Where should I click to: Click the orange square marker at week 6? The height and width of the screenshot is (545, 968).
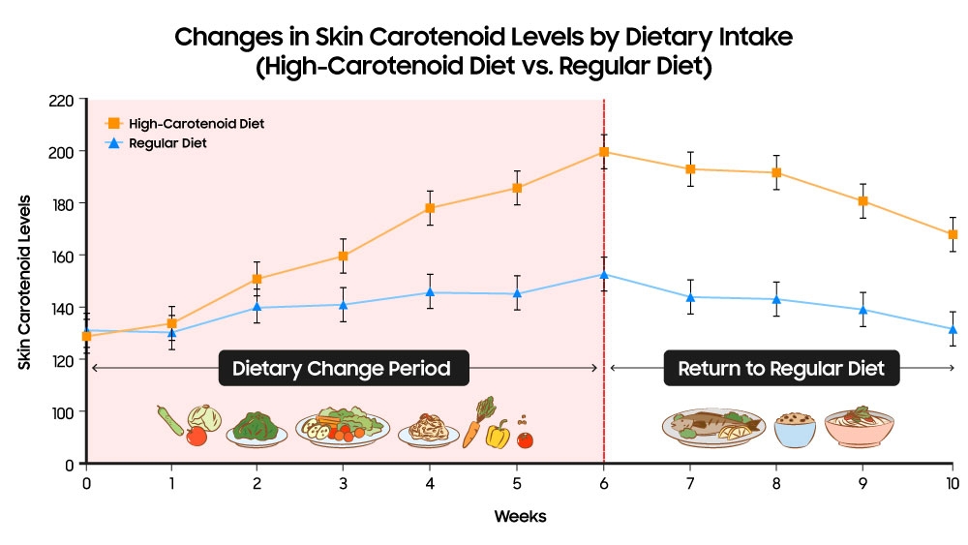tap(604, 152)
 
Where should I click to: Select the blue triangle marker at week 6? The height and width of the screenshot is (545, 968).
tap(604, 275)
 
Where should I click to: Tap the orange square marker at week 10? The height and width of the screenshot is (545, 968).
tap(953, 234)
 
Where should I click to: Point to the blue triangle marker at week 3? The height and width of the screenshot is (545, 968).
tap(343, 305)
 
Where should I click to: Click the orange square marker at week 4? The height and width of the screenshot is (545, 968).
tap(430, 208)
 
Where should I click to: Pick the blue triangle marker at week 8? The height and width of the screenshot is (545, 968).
tap(776, 299)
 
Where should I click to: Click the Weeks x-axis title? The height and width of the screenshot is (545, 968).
tap(520, 517)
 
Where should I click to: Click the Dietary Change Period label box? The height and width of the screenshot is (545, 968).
tap(342, 369)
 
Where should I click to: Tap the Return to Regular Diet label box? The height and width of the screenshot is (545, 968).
tap(781, 369)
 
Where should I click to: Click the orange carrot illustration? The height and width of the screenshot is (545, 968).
tap(473, 429)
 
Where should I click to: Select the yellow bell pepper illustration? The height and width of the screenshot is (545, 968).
tap(498, 435)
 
